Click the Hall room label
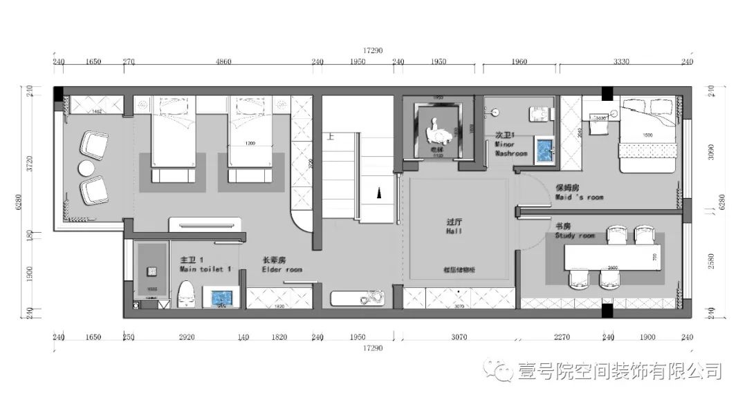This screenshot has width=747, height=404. coord(454,227)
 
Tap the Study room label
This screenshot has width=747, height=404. coord(574,231)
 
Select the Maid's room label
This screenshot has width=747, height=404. coord(579,192)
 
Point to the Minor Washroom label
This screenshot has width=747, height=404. coord(511,144)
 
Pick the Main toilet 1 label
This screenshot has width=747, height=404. coord(205,264)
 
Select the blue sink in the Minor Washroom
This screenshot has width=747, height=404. coord(545,148)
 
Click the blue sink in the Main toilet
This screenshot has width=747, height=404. coord(221,297)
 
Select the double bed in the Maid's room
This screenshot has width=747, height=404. coord(648,135)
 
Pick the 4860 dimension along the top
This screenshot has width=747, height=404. coord(223,62)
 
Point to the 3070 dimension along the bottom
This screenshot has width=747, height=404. coord(459,338)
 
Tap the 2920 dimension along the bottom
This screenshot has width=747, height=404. coord(187,338)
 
